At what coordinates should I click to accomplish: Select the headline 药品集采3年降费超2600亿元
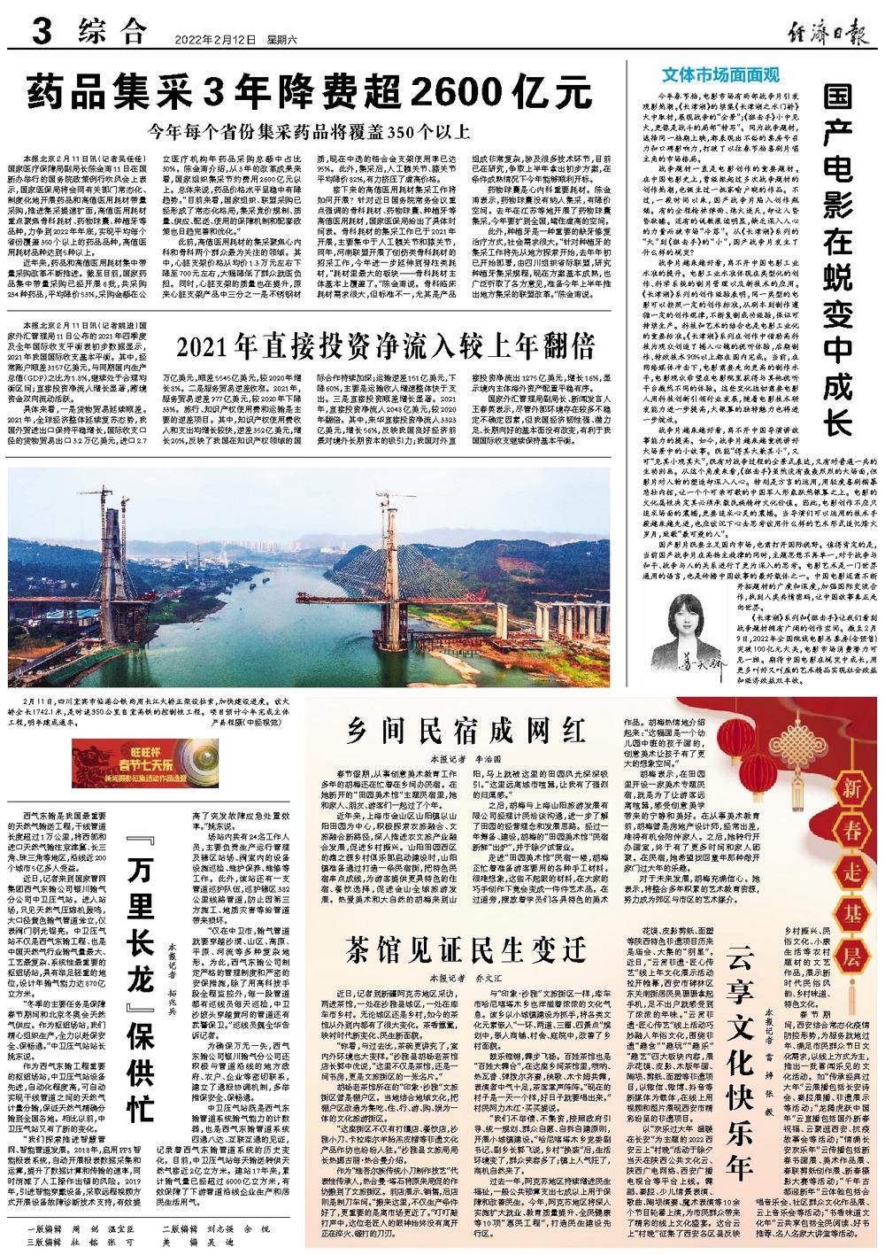pos(308,91)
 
